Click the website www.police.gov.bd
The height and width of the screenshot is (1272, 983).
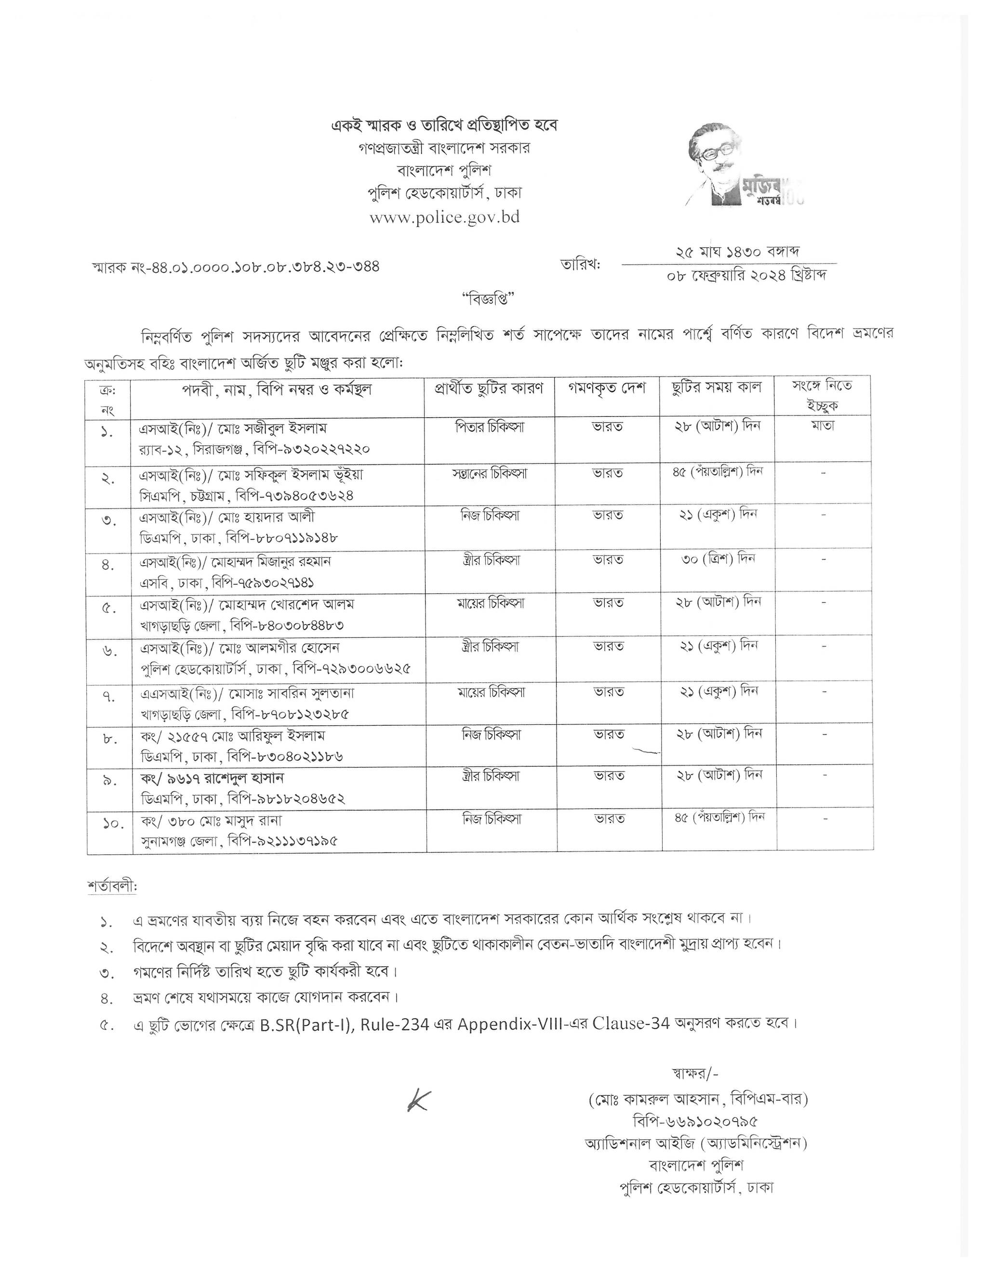coord(444,217)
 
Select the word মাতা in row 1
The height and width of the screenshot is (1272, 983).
coord(822,426)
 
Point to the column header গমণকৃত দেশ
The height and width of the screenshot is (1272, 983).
coord(607,388)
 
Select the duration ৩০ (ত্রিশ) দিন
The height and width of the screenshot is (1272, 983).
coord(717,558)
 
